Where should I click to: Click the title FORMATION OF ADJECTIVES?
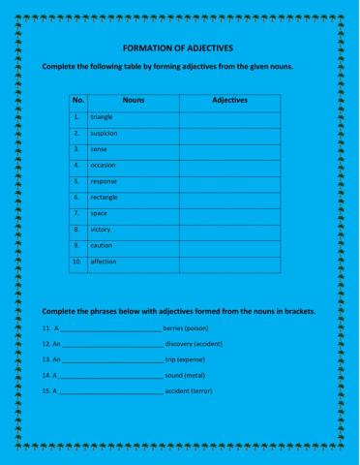pos(179,47)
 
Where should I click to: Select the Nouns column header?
pos(134,101)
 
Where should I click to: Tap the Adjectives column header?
pos(229,101)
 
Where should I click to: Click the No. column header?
pos(78,101)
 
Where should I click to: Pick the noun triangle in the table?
pos(103,117)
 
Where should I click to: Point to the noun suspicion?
pos(105,133)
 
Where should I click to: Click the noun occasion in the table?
pos(104,165)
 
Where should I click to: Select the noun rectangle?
pos(105,197)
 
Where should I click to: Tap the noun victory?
pos(102,229)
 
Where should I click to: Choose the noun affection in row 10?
pos(104,262)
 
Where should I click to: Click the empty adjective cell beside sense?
pos(229,149)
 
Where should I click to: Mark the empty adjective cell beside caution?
pos(229,245)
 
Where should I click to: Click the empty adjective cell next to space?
pos(229,213)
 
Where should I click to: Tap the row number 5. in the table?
pos(76,181)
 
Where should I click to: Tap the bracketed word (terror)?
pos(201,390)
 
